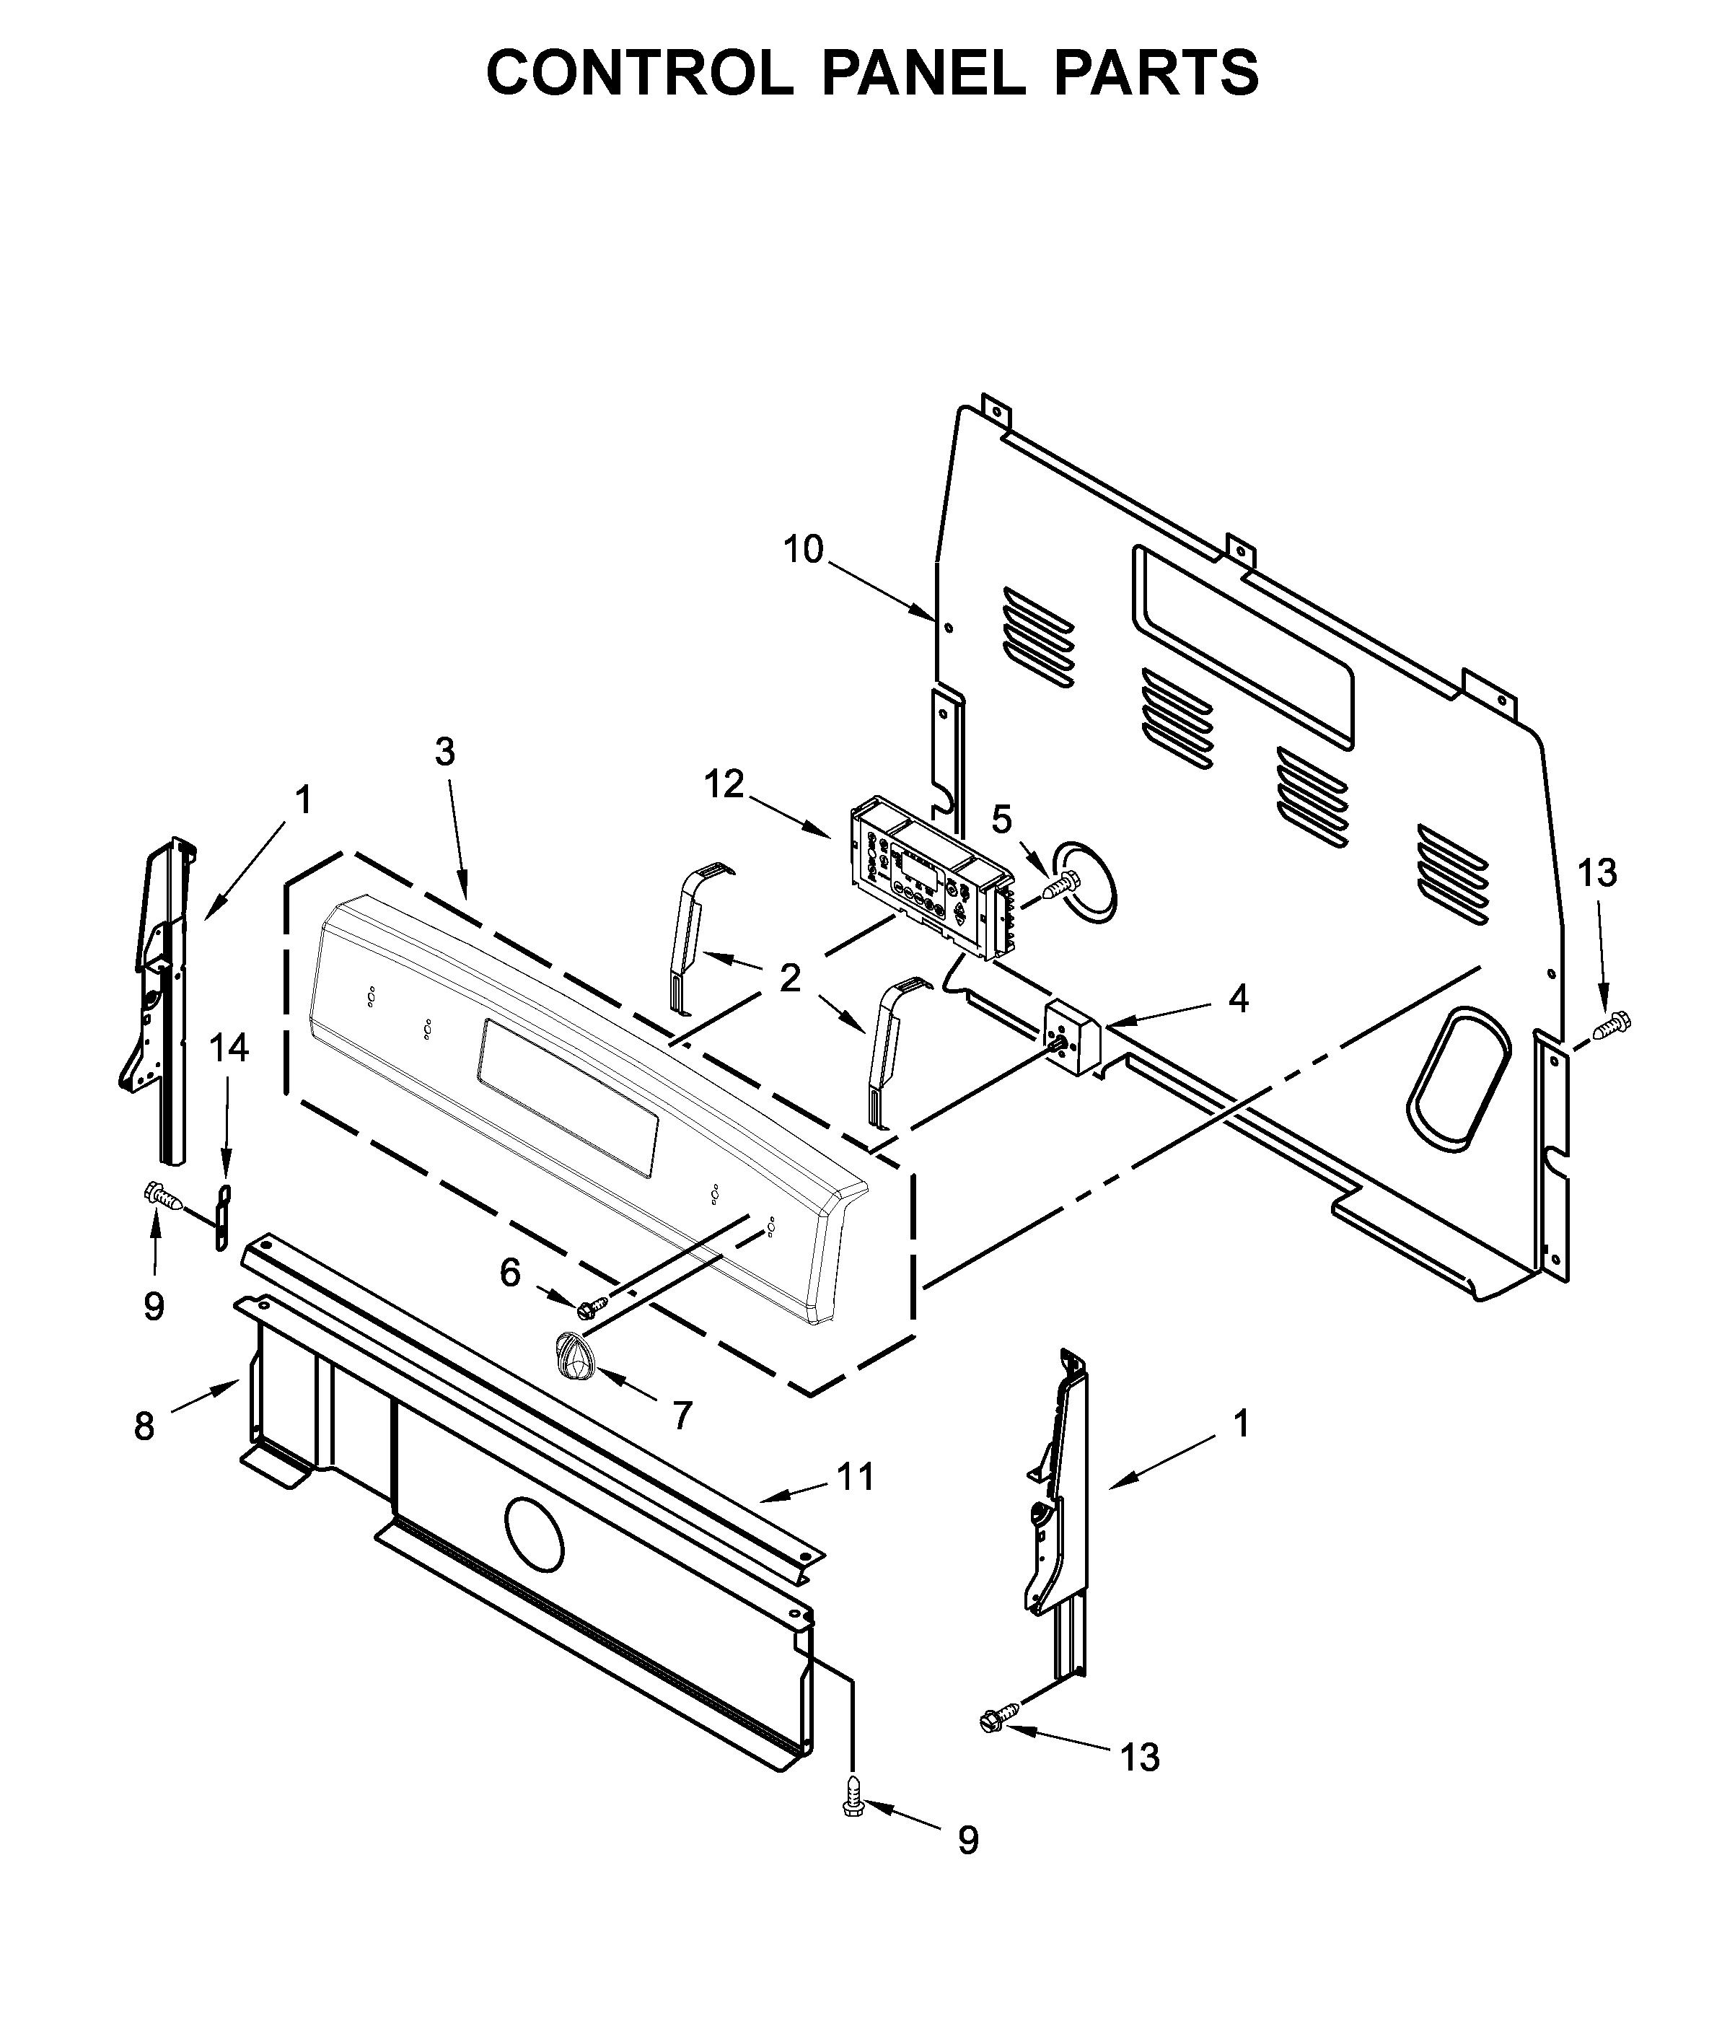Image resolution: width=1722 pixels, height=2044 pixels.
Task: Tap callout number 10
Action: (804, 550)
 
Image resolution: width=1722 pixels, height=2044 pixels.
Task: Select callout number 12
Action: (725, 784)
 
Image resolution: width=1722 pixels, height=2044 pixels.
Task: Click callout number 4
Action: (1238, 999)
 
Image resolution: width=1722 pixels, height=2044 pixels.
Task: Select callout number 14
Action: (229, 1048)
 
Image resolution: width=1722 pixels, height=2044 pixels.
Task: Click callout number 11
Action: (855, 1477)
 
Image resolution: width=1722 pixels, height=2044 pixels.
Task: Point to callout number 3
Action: (444, 752)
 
